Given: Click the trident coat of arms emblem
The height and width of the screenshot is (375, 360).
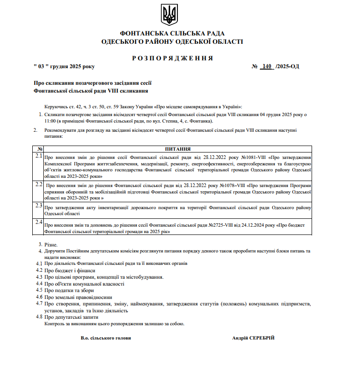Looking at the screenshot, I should tap(169, 14).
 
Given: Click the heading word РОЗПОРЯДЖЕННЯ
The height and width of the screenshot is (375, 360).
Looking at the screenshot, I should tap(172, 58).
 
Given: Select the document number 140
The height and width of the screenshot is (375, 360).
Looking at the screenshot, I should tap(266, 66).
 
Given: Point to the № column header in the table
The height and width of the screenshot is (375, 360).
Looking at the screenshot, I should tap(40, 149).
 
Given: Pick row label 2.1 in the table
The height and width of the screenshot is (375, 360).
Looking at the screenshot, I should tap(39, 156).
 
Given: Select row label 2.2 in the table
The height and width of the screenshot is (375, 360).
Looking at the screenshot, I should tap(39, 184).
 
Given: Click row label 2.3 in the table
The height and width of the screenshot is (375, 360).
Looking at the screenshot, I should tap(39, 205).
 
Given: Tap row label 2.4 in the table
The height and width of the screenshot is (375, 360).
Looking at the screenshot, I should tap(39, 222).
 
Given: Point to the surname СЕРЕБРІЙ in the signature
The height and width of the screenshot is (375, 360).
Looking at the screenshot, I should tap(261, 338).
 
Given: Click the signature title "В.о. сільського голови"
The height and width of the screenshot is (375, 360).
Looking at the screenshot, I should tap(106, 338).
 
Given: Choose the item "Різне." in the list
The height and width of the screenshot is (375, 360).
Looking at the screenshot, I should tap(51, 244).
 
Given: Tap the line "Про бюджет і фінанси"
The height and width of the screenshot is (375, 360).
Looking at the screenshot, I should tap(70, 270).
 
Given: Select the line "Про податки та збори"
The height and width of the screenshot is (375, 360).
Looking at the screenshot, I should tap(69, 291).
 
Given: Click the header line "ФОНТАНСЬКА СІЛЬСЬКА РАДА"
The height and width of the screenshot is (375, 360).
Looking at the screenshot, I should tap(172, 34).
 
